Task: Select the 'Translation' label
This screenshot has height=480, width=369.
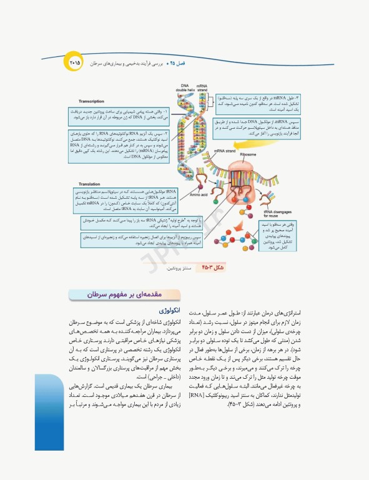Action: pos(90,184)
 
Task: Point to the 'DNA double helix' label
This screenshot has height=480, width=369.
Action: pos(185,88)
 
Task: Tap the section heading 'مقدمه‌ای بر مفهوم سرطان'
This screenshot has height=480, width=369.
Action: pos(124,292)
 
